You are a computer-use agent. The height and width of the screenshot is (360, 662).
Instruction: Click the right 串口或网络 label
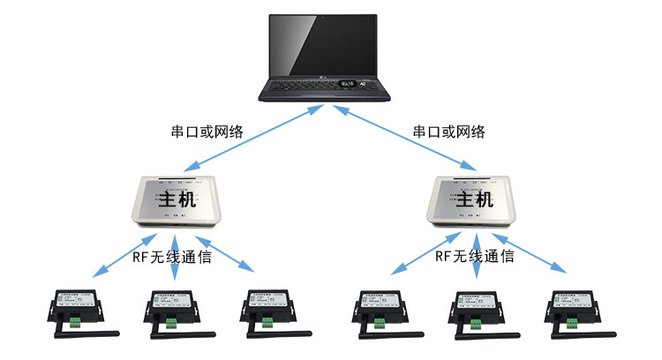(x=448, y=131)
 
